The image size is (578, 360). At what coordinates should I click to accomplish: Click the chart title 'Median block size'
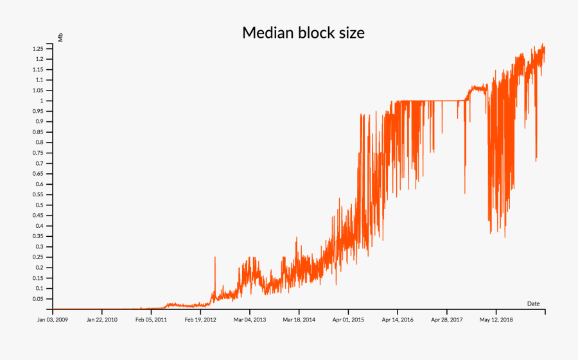pyautogui.click(x=303, y=33)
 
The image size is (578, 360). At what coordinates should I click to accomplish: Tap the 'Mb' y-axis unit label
pyautogui.click(x=60, y=37)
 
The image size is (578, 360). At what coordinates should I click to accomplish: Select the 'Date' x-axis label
pyautogui.click(x=533, y=303)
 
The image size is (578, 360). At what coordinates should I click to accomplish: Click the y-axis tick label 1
pyautogui.click(x=42, y=101)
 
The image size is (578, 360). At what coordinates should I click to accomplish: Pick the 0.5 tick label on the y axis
pyautogui.click(x=39, y=205)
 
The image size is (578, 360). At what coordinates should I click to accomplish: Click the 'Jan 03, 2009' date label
pyautogui.click(x=52, y=319)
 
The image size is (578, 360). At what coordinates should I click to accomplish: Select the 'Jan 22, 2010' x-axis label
pyautogui.click(x=101, y=319)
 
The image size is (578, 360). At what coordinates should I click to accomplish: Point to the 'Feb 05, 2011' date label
pyautogui.click(x=151, y=319)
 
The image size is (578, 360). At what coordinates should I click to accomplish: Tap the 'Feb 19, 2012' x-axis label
pyautogui.click(x=200, y=319)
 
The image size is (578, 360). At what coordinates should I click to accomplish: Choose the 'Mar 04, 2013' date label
pyautogui.click(x=250, y=319)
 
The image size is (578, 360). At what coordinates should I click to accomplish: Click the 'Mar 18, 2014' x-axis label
pyautogui.click(x=299, y=319)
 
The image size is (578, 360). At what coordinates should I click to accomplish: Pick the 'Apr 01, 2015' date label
pyautogui.click(x=349, y=319)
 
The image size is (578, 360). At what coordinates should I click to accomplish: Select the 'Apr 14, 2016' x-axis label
pyautogui.click(x=398, y=319)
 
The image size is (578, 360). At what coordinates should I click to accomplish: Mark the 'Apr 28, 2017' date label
pyautogui.click(x=447, y=319)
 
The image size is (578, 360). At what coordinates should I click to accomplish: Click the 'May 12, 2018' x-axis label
pyautogui.click(x=496, y=319)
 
